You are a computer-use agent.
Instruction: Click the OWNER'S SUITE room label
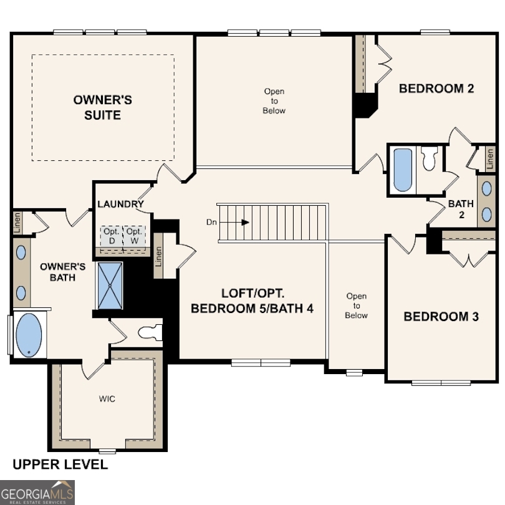pos(103,107)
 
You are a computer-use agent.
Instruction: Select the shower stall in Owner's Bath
pos(110,286)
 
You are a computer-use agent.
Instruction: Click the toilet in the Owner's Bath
pos(149,332)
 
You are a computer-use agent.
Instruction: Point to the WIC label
pos(107,397)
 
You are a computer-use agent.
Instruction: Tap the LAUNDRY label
pos(120,204)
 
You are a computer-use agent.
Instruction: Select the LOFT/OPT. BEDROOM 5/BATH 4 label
pos(252,301)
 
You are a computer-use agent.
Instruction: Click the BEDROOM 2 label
pos(436,89)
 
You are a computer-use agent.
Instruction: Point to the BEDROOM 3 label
pos(441,317)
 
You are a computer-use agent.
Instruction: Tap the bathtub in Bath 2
pos(403,170)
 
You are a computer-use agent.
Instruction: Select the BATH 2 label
pos(461,209)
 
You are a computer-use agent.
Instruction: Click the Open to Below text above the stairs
pos(274,101)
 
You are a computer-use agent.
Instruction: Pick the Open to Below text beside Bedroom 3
pos(357,305)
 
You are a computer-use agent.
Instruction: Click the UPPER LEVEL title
pos(60,464)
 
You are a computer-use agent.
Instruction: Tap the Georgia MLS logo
pos(37,492)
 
